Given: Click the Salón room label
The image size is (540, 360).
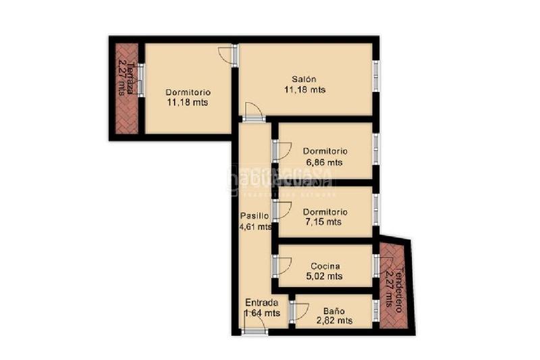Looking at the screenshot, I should coord(304,78).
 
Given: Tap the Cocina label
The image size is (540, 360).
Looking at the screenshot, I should coord(325,266).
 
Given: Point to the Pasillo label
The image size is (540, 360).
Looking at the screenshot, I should coord(254,216).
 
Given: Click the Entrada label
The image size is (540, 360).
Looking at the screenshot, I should coord(261,303).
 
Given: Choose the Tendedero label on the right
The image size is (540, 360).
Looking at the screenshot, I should coord(398,277).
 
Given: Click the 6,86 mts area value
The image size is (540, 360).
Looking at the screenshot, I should coord(325,162).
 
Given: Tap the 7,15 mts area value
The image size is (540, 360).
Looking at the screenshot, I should coord(325,222).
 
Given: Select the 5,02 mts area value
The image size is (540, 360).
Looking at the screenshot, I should coord(325,276).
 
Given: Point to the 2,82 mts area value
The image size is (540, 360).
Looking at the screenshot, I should coord(333,321).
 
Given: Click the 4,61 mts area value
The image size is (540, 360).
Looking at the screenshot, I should coord(255,227).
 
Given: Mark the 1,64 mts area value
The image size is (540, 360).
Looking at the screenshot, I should coord(262,313).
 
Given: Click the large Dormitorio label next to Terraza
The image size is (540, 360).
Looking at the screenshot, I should coord(188,93).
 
